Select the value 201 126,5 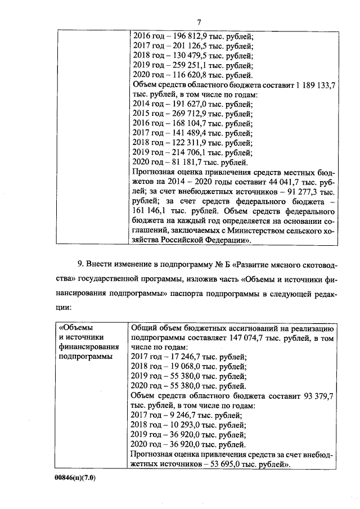[192, 46]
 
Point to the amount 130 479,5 [192, 56]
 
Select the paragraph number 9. [80, 264]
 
